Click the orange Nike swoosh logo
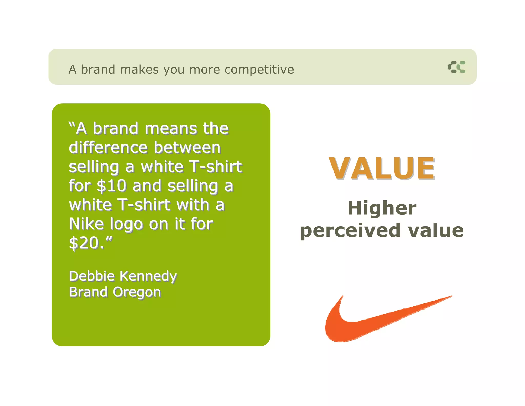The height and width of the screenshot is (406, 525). (359, 323)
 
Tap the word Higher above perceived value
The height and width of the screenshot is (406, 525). (382, 208)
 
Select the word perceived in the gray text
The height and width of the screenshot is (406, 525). (350, 230)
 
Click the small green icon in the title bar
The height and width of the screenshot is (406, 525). (456, 67)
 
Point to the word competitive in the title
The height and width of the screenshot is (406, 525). (259, 70)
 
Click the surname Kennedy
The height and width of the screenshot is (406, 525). (148, 277)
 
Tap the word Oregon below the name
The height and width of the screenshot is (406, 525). (137, 292)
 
